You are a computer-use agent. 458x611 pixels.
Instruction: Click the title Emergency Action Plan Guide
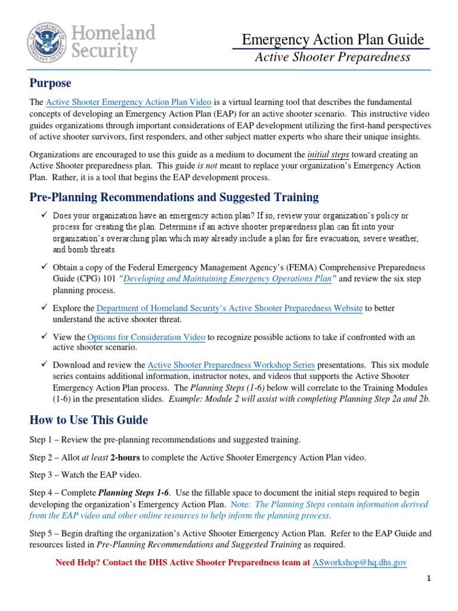pos(333,39)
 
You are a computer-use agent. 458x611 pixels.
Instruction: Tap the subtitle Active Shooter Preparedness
pos(333,57)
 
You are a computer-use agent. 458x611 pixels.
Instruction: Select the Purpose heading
pos(51,83)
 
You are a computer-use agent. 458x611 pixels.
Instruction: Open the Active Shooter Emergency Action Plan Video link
pos(129,103)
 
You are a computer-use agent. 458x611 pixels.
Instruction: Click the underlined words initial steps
pos(327,154)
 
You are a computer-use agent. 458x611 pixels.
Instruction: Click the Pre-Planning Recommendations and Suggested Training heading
pos(174,197)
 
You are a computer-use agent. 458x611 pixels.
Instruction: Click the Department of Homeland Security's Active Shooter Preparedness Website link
pos(229,308)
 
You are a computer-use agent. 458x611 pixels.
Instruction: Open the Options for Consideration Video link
pos(146,337)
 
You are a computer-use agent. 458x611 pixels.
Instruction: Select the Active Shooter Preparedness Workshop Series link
pos(231,365)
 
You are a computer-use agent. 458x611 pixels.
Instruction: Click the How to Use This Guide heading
pos(89,420)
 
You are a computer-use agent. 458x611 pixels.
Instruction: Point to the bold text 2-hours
pos(126,458)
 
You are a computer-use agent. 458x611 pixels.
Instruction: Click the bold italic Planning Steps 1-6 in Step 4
pos(134,493)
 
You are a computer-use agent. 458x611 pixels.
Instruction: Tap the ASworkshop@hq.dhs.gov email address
pos(360,562)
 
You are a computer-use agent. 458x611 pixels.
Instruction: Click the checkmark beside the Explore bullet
pos(44,308)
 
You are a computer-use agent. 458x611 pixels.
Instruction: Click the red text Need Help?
pos(78,562)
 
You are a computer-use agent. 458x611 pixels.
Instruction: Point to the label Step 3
pos(41,475)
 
